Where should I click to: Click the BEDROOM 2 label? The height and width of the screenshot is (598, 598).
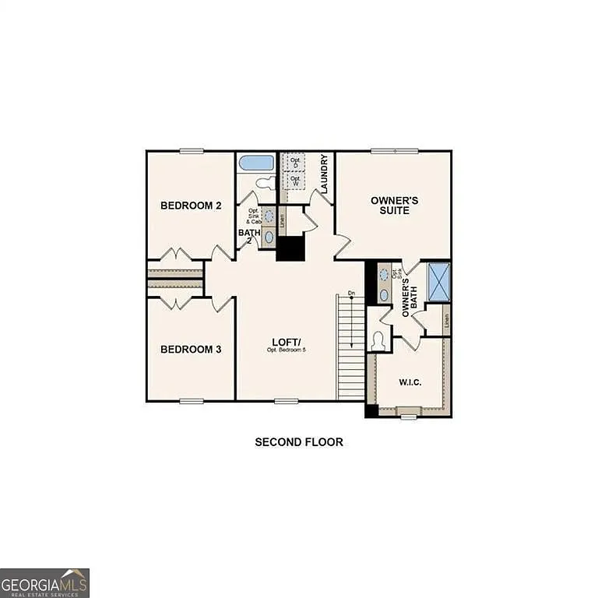191,206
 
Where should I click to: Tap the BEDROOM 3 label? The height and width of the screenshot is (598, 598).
191,350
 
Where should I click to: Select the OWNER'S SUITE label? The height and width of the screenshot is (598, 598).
394,206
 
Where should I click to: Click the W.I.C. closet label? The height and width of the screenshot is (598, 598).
410,382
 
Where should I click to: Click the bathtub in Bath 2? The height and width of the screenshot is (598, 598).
256,163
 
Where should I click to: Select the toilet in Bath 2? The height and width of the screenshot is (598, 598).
265,184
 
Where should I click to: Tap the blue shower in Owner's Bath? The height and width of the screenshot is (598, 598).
438,282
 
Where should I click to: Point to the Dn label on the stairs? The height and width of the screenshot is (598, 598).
351,294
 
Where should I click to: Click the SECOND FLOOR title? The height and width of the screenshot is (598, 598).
299,442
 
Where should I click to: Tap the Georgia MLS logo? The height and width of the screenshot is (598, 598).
44,582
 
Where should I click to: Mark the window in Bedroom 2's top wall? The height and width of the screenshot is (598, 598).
191,151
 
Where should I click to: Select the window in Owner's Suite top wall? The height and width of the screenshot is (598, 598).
394,151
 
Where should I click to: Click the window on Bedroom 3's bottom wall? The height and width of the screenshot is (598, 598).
191,401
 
